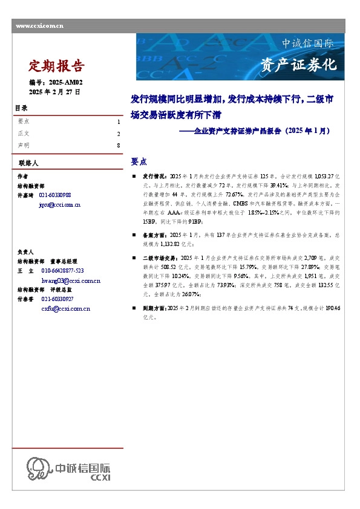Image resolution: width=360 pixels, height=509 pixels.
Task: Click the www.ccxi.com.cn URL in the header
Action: pos(40,25)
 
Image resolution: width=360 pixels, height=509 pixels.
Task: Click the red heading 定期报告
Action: pos(57,66)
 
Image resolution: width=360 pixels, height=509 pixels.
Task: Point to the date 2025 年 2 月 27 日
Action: pos(54,91)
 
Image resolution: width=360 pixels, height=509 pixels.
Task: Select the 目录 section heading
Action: pos(21,108)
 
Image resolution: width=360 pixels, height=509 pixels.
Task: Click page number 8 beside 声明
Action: pos(118,146)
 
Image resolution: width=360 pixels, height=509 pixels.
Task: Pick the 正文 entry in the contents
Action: pos(24,134)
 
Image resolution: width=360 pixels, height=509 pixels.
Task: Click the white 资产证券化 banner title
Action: pos(298,65)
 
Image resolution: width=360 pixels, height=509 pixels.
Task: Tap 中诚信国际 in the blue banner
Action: pos(307,44)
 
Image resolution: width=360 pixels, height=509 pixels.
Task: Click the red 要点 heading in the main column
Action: pos(139,162)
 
